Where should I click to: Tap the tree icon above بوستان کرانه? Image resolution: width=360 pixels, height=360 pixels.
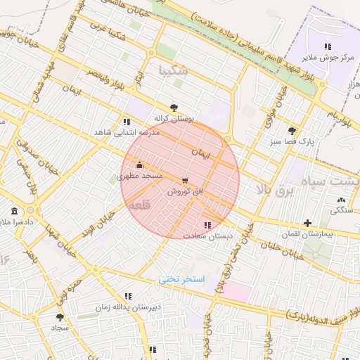[x=174, y=108]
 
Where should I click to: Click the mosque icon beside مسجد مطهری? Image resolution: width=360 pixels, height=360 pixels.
[x=139, y=166]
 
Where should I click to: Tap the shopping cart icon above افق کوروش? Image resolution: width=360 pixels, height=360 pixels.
[x=185, y=181]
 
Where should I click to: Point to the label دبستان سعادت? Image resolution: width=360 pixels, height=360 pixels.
[x=203, y=236]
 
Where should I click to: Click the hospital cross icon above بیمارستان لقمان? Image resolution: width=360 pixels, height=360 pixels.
[x=307, y=223]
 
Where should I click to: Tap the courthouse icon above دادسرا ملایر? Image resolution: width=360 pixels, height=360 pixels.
[x=15, y=211]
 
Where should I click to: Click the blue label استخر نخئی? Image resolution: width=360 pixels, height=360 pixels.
[x=181, y=279]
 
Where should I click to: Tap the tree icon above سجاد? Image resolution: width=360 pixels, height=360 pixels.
[x=59, y=317]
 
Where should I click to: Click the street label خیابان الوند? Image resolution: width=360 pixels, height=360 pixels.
[x=98, y=224]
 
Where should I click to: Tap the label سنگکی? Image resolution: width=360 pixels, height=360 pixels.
[x=342, y=210]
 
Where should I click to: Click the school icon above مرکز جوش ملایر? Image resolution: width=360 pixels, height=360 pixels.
[x=328, y=46]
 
